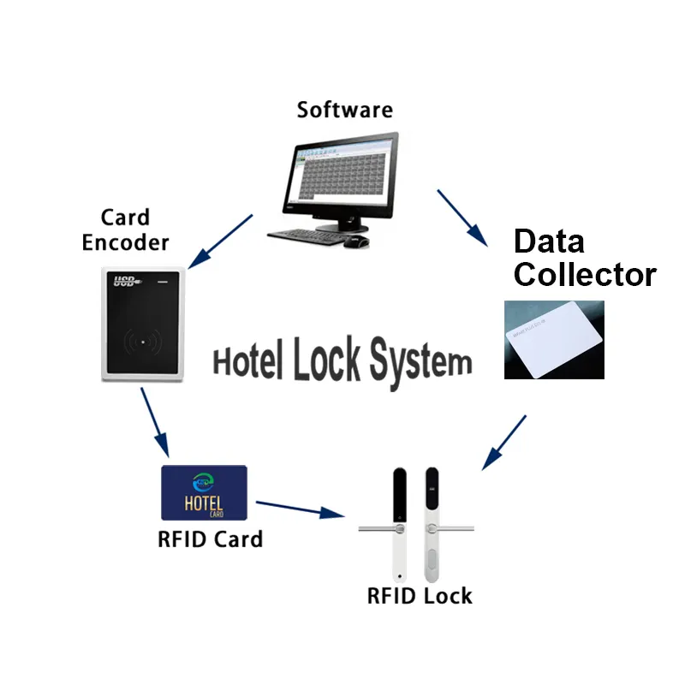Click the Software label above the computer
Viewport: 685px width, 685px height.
pyautogui.click(x=344, y=110)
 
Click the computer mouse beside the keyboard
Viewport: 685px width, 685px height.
pyautogui.click(x=356, y=241)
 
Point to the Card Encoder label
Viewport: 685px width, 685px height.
pyautogui.click(x=125, y=230)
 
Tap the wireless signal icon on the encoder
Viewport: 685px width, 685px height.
pyautogui.click(x=141, y=341)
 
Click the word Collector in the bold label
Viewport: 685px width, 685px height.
pyautogui.click(x=584, y=275)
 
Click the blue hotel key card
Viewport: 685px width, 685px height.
pyautogui.click(x=204, y=493)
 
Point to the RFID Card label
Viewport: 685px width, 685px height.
pyautogui.click(x=210, y=539)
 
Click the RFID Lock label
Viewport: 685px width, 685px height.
pyautogui.click(x=420, y=595)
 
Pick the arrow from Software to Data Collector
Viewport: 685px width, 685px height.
pyautogui.click(x=462, y=217)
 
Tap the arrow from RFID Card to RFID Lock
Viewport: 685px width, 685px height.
pyautogui.click(x=301, y=509)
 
